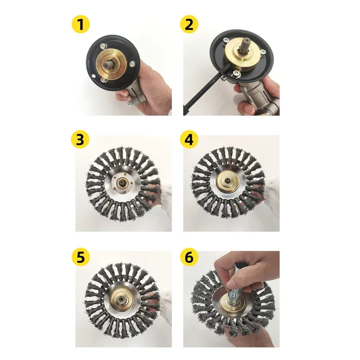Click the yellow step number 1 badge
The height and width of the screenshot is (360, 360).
pos(81,24)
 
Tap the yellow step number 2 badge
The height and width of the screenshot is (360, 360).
pos(189,24)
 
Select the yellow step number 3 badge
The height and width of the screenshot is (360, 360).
pos(81,139)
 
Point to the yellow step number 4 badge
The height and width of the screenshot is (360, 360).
pos(189,139)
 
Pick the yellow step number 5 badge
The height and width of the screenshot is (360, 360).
pos(81,257)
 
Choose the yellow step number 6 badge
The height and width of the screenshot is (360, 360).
pos(189,257)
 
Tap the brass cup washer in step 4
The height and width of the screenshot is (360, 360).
pos(228,181)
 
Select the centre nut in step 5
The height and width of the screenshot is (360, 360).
pos(120,299)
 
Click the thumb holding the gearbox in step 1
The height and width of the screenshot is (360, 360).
pos(121,94)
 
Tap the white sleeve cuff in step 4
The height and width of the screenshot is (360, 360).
pos(272,196)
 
